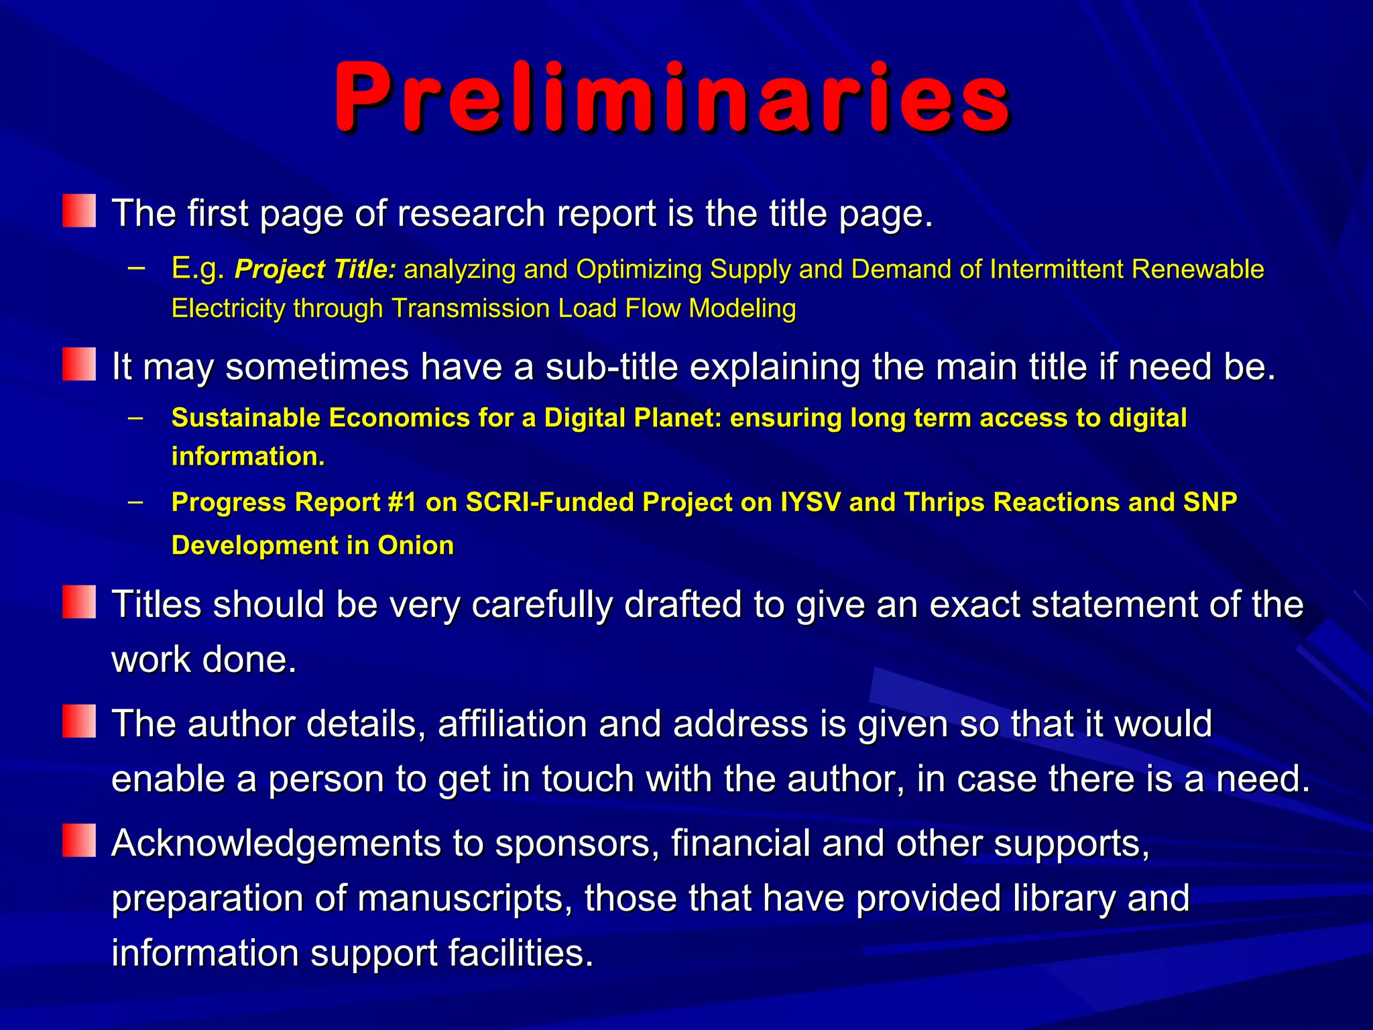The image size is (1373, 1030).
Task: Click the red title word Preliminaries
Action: click(672, 97)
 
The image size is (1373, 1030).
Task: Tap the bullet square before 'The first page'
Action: click(79, 211)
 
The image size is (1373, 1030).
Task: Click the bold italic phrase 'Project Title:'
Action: click(315, 270)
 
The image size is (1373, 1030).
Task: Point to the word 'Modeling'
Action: click(742, 308)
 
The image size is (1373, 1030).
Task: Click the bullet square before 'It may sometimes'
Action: click(79, 364)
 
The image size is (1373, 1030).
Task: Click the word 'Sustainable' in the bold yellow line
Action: click(246, 418)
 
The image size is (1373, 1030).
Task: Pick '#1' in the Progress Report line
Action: click(402, 502)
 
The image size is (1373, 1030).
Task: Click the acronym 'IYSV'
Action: click(811, 502)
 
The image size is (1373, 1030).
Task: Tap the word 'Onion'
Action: click(416, 545)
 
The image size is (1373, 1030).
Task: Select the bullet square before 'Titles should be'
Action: click(79, 602)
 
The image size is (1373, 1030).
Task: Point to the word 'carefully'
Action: click(542, 604)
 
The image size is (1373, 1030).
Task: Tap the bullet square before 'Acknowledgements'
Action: click(79, 840)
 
